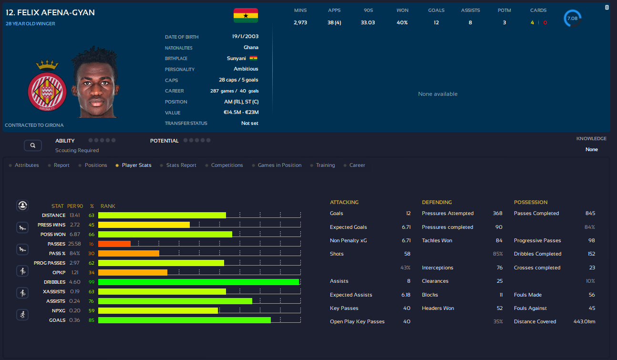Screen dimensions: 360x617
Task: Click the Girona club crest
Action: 47,88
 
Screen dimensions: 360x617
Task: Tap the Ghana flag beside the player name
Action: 246,15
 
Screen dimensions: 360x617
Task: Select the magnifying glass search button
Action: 32,145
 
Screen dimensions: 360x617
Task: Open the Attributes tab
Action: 27,165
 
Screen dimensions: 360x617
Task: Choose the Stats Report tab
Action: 181,165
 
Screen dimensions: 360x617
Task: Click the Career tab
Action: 357,165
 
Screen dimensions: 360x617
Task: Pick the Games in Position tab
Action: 279,165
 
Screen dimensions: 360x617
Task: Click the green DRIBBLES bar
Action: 198,282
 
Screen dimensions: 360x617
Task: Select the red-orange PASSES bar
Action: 114,244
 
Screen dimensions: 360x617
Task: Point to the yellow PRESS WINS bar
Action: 144,225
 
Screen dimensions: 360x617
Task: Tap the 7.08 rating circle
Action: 572,19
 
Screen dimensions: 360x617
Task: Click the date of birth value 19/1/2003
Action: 245,37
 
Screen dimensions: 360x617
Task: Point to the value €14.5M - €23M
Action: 241,113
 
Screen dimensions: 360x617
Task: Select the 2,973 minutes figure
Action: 300,22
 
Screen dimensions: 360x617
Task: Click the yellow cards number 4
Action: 532,22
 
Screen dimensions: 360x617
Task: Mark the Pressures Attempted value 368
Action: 497,213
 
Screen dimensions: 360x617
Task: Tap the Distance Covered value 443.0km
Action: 584,321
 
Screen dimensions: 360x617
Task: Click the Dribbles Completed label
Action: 537,254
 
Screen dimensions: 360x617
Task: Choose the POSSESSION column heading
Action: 531,202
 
